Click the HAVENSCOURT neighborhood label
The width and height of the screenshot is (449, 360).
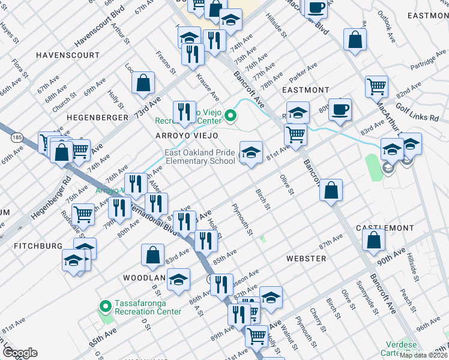67,55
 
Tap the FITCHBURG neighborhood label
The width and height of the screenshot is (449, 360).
39,246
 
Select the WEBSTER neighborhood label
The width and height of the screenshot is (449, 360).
306,259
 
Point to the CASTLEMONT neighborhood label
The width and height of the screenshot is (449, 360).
385,229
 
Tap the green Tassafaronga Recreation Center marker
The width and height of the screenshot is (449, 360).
106,306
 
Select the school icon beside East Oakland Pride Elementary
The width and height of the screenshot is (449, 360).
251,152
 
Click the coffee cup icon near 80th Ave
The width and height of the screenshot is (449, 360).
340,109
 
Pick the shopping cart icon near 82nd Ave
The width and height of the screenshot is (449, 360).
376,86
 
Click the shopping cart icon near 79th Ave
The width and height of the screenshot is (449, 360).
82,213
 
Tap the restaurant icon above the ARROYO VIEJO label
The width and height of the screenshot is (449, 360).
184,112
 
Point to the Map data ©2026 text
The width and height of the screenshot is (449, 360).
423,355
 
